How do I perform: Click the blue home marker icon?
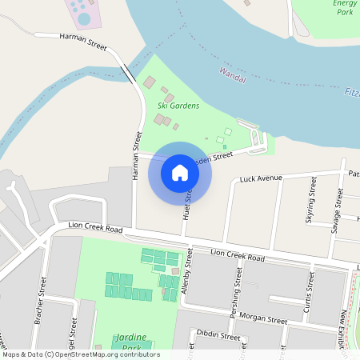pos(180,172)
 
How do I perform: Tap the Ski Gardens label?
pos(178,105)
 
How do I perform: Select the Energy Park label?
pos(345,8)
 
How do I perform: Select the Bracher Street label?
pos(40,301)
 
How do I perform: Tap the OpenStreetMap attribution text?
pos(81,354)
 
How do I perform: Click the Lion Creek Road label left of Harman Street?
pos(95,230)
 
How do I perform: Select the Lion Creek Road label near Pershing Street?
pos(238,257)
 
